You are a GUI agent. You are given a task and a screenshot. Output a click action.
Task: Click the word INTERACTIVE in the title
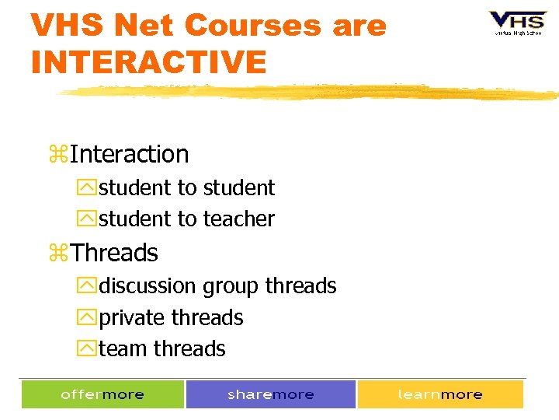(148, 61)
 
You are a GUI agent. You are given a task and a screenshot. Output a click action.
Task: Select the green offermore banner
(102, 394)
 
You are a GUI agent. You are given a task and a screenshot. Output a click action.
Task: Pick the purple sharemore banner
(271, 394)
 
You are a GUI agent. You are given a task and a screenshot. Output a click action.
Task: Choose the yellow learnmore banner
(440, 394)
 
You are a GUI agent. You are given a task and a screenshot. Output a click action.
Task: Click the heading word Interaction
(129, 154)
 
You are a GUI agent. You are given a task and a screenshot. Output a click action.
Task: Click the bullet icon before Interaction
(58, 155)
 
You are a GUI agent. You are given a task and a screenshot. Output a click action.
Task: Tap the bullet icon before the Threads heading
(58, 254)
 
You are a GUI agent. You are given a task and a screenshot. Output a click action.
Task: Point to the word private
(132, 318)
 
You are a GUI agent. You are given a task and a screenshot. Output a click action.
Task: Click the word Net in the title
(150, 26)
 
